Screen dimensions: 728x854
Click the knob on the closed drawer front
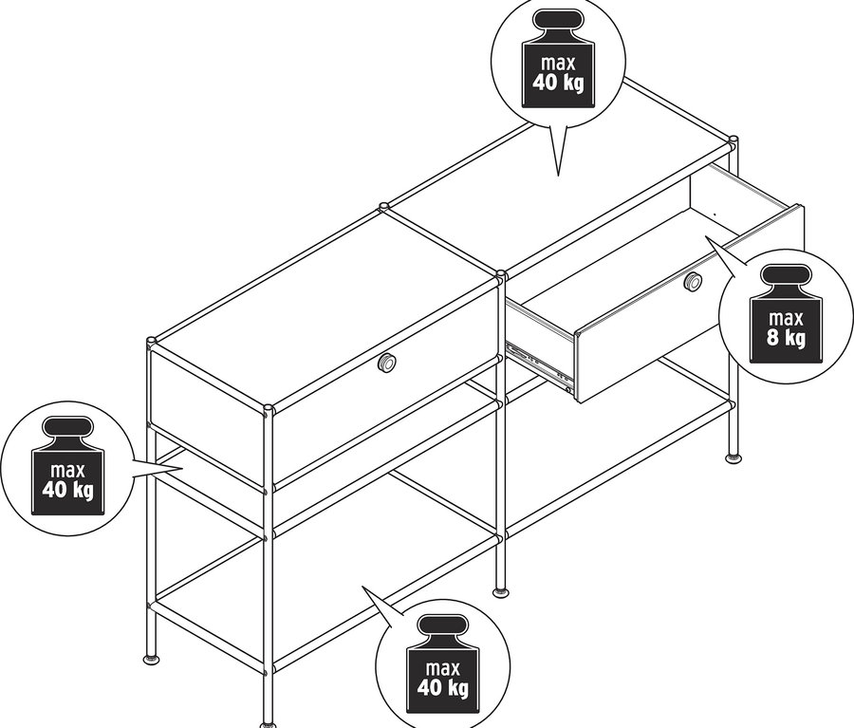coord(387,363)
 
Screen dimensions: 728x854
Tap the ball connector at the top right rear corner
coord(733,141)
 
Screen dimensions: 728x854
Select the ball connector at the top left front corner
coord(151,341)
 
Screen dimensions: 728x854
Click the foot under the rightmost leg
coord(733,458)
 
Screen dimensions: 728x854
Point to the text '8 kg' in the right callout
coord(786,337)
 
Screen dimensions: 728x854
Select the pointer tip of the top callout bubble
coord(557,175)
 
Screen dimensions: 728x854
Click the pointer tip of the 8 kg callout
coord(707,238)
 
